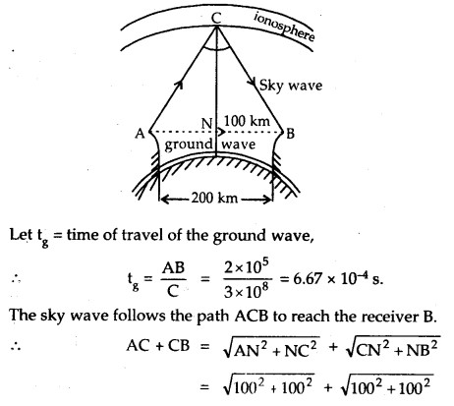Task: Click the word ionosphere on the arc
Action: [x=284, y=27]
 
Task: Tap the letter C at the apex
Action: [x=216, y=18]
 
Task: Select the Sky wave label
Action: [x=291, y=86]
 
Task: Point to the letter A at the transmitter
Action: [x=140, y=134]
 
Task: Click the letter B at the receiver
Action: [x=290, y=134]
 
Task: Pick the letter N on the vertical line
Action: [x=206, y=124]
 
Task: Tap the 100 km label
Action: [x=247, y=121]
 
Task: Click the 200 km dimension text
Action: [x=214, y=198]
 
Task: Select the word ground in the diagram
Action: [x=189, y=145]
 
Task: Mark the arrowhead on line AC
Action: [x=179, y=85]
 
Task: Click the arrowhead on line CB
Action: [x=254, y=83]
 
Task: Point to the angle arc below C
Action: [x=216, y=49]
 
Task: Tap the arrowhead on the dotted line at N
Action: [x=222, y=132]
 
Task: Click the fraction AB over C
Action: [x=174, y=279]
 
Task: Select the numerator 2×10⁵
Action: [x=247, y=268]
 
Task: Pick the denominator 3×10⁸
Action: [x=247, y=291]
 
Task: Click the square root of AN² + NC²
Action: [x=271, y=348]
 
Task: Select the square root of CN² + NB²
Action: [x=392, y=348]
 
